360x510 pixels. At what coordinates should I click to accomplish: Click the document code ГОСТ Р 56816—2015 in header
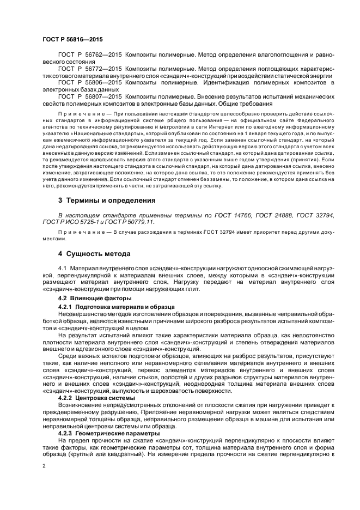click(72, 40)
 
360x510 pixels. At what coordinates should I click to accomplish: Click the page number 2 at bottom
click(44, 466)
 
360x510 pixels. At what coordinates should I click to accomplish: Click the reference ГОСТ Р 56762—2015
click(90, 56)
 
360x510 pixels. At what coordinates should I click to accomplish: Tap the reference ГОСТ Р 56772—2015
click(90, 69)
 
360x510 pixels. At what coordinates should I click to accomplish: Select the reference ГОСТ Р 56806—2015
click(90, 82)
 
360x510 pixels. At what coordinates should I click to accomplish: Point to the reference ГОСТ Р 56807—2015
click(90, 96)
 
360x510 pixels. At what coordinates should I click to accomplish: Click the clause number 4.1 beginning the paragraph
click(63, 269)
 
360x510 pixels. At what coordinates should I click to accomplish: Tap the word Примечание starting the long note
click(79, 116)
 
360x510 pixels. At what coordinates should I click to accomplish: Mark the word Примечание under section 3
click(79, 233)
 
